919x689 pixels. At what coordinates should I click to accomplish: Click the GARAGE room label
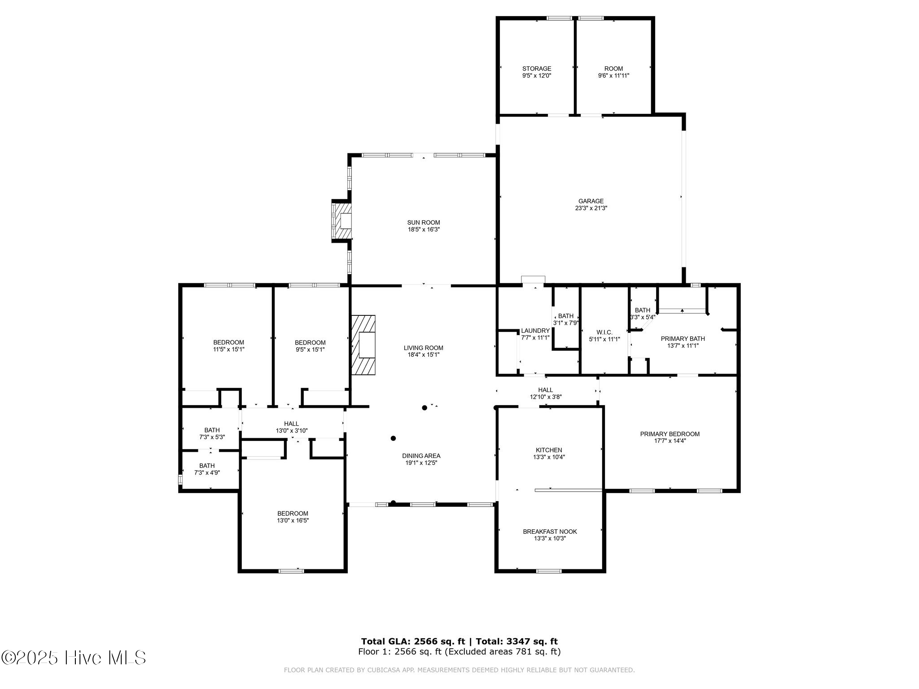(591, 201)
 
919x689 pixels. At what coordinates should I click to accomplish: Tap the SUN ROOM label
(423, 222)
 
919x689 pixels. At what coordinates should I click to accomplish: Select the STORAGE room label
(536, 69)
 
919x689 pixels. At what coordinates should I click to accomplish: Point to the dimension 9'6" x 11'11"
(613, 76)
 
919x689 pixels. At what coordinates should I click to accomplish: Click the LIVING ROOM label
(423, 348)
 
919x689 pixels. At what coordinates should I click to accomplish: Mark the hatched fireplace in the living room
(363, 344)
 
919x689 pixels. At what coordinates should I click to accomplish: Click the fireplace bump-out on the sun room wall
(341, 221)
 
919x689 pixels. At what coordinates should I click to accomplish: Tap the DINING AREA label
(421, 456)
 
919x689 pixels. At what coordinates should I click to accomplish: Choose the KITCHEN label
(548, 450)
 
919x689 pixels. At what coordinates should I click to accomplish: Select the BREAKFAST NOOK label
(550, 532)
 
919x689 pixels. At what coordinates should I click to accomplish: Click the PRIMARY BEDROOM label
(670, 434)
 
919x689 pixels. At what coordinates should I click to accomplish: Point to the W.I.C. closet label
(604, 332)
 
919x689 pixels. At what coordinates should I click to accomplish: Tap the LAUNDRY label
(535, 331)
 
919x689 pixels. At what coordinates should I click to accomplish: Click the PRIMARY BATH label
(683, 339)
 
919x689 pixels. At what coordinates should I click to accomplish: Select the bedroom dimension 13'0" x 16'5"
(293, 521)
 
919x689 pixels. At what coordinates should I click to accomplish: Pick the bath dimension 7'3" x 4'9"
(207, 473)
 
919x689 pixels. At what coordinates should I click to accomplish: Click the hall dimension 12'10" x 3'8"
(546, 397)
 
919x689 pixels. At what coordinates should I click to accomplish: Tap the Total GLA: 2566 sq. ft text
(413, 641)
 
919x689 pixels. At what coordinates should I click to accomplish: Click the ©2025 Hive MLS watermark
(74, 658)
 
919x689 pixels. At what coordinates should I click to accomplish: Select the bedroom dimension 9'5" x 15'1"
(310, 349)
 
